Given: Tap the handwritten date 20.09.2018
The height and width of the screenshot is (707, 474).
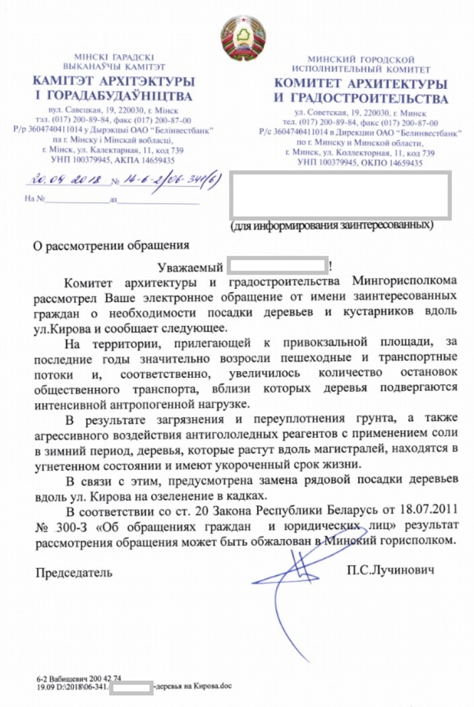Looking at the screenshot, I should coord(66,180).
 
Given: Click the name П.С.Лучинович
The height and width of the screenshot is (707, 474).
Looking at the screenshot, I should coord(390,569).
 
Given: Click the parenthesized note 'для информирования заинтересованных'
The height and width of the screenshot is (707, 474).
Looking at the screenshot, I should coord(331,225).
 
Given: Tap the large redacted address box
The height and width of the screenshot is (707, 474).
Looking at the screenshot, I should coord(340,193).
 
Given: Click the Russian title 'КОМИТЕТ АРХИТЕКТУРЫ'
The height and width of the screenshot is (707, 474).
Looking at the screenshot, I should coord(360,84).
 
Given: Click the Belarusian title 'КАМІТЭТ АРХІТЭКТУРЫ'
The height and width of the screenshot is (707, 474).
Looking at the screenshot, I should coord(113,81).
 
